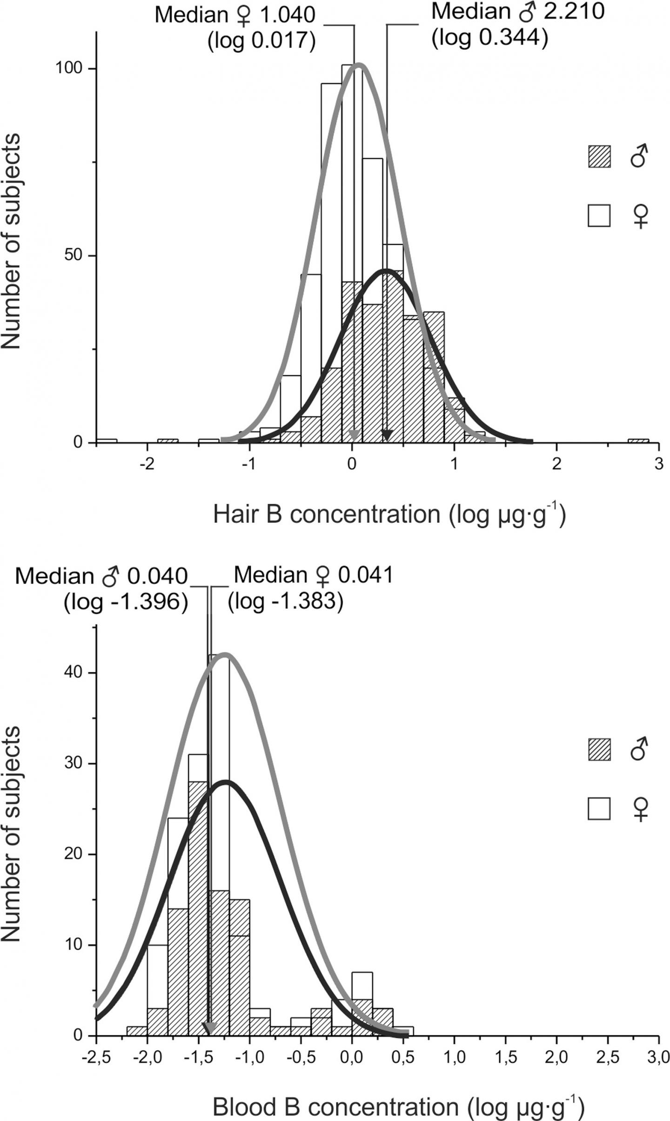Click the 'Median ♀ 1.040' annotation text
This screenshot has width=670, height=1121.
click(x=235, y=15)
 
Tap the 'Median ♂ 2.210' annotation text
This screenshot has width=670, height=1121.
click(x=517, y=12)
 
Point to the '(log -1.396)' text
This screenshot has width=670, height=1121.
click(x=126, y=602)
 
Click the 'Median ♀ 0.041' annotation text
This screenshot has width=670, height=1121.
click(x=314, y=576)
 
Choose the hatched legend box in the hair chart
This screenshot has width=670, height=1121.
click(x=599, y=157)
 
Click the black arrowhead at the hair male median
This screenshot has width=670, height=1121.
click(x=387, y=436)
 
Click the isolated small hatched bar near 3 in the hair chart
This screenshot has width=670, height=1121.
click(x=638, y=440)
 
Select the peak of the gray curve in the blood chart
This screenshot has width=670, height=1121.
click(x=226, y=654)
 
